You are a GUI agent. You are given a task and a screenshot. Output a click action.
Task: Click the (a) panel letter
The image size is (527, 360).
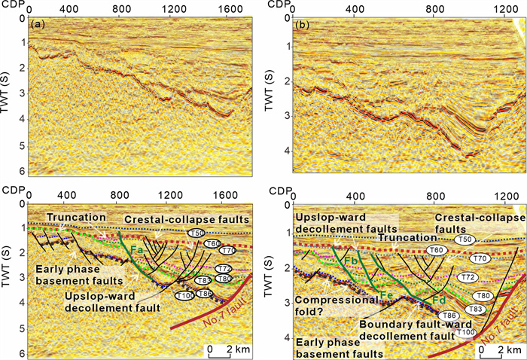click(36, 25)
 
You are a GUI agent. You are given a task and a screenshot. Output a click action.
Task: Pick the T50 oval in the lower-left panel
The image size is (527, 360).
click(196, 234)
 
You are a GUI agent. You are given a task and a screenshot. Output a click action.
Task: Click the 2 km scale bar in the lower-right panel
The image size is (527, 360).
click(494, 350)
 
